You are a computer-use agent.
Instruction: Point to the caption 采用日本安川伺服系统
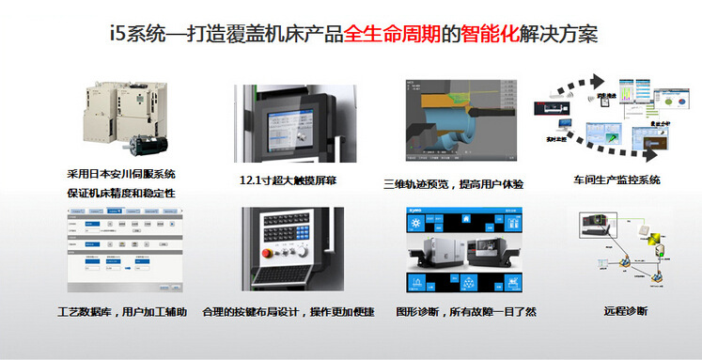click(121, 174)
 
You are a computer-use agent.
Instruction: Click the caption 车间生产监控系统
click(616, 180)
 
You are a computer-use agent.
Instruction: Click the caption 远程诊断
click(624, 311)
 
